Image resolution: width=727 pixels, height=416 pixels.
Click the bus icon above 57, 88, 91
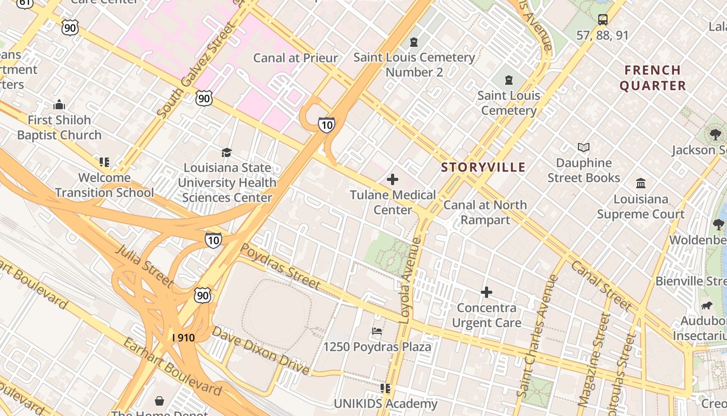[x=602, y=20]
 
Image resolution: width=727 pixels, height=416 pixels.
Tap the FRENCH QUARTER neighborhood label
[x=653, y=78]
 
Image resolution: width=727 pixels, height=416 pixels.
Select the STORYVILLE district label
[x=483, y=167]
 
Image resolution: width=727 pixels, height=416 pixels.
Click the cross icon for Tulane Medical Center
[x=393, y=179]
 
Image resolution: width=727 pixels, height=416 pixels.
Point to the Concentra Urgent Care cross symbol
[x=486, y=292]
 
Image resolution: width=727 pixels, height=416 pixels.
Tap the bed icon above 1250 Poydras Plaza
[x=378, y=331]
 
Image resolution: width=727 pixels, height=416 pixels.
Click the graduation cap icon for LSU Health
[x=226, y=152]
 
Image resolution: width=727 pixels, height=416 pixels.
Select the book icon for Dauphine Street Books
[x=584, y=148]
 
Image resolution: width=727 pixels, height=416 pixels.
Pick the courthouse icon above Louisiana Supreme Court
[x=641, y=184]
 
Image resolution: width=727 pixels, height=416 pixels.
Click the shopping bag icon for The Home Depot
[x=159, y=401]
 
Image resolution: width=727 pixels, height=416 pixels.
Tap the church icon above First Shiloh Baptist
[x=59, y=105]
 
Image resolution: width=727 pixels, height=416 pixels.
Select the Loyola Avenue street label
[x=411, y=281]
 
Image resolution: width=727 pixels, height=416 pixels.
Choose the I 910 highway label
[x=183, y=338]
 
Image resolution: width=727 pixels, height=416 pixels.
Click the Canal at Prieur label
[x=295, y=58]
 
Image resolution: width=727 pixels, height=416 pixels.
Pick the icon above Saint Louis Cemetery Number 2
[x=414, y=42]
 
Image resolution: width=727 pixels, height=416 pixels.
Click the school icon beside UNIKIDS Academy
[x=385, y=388]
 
